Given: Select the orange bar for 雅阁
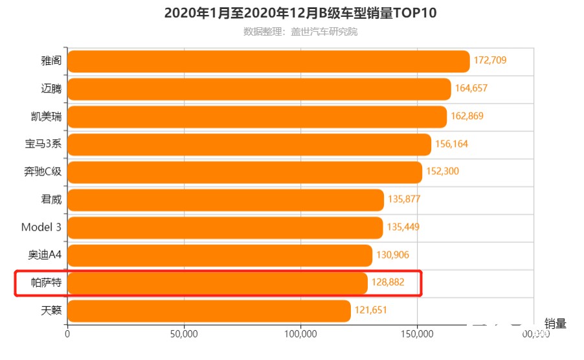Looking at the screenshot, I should click(268, 62).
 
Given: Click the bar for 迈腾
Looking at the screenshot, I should click(259, 89).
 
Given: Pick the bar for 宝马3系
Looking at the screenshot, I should click(249, 144).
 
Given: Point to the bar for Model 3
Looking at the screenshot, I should click(225, 228).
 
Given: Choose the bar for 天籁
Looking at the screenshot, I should click(208, 311).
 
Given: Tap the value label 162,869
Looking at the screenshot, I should click(467, 117).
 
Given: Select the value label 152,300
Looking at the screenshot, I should click(442, 172).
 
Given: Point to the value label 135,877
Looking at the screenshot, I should click(404, 199).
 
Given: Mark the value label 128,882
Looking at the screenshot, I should click(388, 283).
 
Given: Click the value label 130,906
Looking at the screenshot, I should click(392, 255).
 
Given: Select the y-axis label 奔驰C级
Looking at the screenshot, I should click(43, 172).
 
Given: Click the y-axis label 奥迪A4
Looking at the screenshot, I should click(45, 255).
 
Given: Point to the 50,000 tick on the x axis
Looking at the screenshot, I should click(184, 334).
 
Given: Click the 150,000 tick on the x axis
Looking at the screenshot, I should click(418, 334).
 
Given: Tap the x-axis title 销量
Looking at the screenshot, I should click(555, 324).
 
